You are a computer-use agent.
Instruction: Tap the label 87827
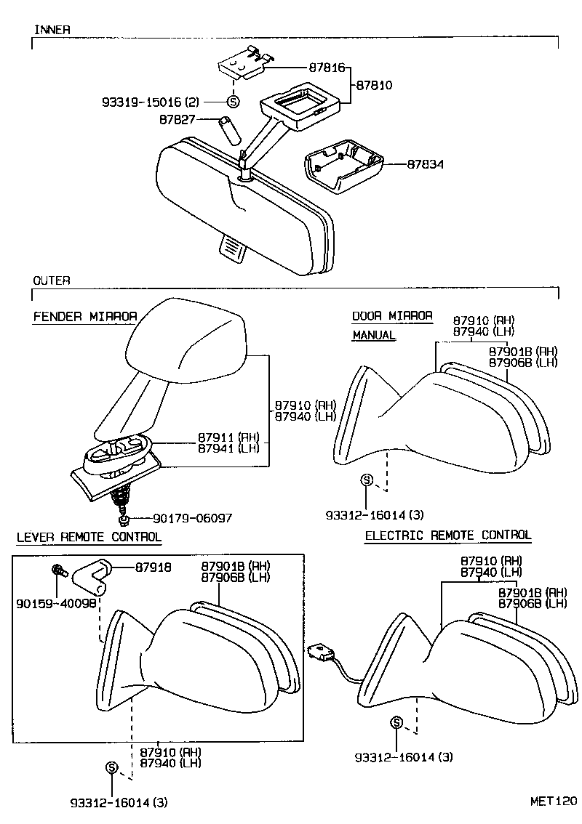click(177, 118)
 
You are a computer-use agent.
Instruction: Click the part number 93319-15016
click(145, 102)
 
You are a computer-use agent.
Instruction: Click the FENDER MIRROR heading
click(85, 317)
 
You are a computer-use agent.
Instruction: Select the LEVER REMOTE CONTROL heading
click(89, 537)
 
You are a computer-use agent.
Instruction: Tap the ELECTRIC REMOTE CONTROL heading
click(447, 536)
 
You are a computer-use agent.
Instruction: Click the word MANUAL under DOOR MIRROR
click(374, 335)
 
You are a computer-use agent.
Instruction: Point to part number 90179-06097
click(193, 518)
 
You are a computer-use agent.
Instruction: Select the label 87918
click(153, 567)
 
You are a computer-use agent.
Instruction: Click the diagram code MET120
click(553, 802)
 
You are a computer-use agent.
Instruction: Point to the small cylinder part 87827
click(228, 130)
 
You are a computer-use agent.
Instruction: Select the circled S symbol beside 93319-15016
click(233, 102)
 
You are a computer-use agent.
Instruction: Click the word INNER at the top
click(52, 30)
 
